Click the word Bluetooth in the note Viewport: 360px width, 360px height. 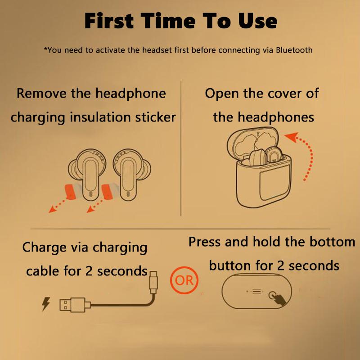pos(293,50)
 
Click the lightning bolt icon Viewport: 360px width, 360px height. pos(46,305)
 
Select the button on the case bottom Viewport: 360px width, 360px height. pos(273,295)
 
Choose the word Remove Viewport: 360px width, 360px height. pos(41,94)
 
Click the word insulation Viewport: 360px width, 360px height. pos(95,117)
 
